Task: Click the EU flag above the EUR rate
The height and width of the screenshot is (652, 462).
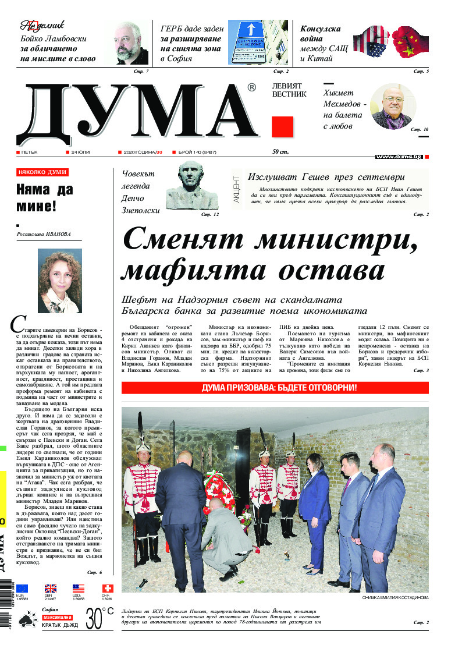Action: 22,589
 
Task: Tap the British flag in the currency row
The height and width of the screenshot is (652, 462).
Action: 51,589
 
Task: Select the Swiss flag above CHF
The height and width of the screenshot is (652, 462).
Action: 108,589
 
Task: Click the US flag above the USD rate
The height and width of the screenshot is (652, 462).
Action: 79,589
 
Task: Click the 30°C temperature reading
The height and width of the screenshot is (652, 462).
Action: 99,618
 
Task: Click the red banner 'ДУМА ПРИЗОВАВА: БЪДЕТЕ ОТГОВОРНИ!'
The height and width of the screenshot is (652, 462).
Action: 275,388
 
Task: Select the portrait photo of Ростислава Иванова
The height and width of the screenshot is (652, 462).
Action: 59,281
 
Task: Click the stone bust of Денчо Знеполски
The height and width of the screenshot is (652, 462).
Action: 192,186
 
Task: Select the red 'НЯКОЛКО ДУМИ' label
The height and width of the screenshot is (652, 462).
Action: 42,172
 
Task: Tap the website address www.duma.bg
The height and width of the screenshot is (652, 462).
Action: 399,157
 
